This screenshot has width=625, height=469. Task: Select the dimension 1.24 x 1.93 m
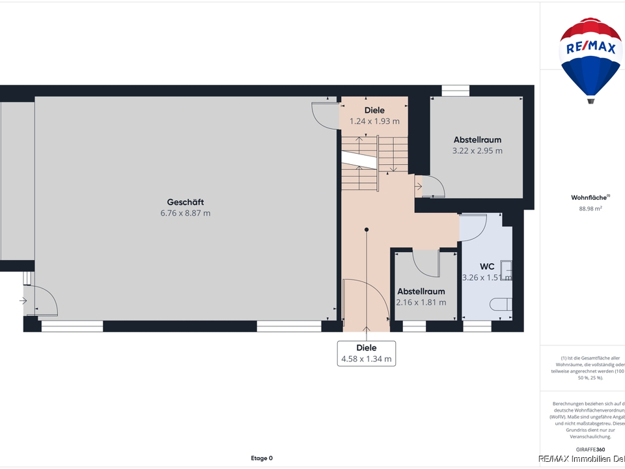(x=374, y=121)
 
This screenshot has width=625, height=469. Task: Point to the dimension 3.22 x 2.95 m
(x=477, y=150)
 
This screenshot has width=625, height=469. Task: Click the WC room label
(x=487, y=266)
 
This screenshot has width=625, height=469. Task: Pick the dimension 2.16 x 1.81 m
(x=421, y=302)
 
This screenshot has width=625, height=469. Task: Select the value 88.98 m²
(x=590, y=208)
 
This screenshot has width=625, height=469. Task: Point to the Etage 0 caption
(x=262, y=458)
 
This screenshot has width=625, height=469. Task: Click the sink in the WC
(x=507, y=270)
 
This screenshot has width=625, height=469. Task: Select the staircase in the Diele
(x=368, y=163)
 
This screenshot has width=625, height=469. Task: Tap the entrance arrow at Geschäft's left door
(x=23, y=301)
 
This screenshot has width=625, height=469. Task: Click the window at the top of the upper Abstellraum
(x=451, y=91)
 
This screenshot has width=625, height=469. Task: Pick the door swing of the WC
(x=473, y=227)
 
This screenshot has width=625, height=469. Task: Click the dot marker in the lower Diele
(x=367, y=229)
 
